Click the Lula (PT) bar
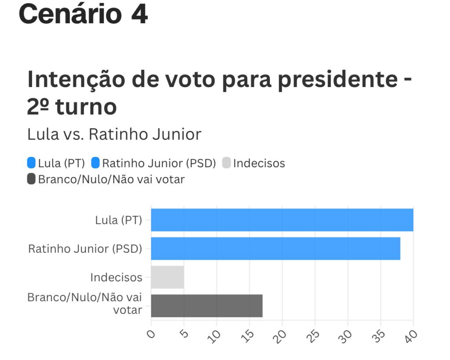point(282,220)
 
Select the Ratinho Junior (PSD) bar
point(276,248)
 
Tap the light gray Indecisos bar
point(167,277)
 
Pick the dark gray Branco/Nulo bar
point(207,305)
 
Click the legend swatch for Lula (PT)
point(31,163)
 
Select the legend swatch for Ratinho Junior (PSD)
point(95,163)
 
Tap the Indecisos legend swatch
point(226,163)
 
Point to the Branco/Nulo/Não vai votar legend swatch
point(31,179)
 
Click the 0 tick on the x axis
point(151,335)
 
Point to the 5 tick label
point(184,335)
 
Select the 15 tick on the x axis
point(249,335)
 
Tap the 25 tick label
point(314,335)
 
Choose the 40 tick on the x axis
point(412,335)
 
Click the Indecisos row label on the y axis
point(116,278)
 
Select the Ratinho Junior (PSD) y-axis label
point(85,249)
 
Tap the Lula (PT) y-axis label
point(119,220)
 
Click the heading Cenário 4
point(83,14)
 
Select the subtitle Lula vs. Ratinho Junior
point(114,135)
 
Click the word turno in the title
point(86,107)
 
